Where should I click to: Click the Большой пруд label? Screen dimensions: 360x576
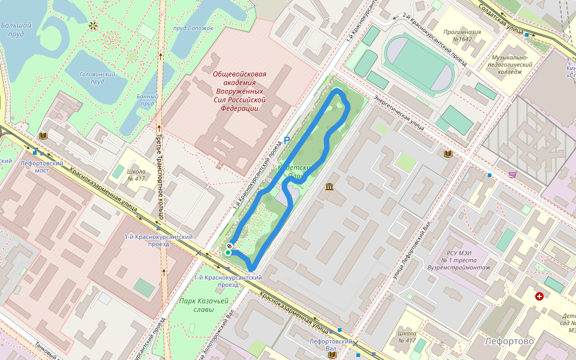pyautogui.click(x=16, y=29)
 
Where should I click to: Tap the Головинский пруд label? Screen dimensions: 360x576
pyautogui.click(x=97, y=77)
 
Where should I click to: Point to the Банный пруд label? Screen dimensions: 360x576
pyautogui.click(x=148, y=100)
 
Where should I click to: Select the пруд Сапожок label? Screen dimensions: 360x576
pyautogui.click(x=193, y=28)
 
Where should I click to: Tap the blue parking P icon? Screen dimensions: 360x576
pyautogui.click(x=287, y=140)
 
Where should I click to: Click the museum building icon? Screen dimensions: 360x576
pyautogui.click(x=329, y=188)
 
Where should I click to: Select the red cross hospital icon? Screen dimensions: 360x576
pyautogui.click(x=539, y=296)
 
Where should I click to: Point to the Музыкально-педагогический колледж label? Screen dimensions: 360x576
pyautogui.click(x=509, y=64)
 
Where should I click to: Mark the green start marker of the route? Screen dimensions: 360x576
pyautogui.click(x=228, y=253)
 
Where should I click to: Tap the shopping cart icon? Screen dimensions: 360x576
pyautogui.click(x=512, y=175)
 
